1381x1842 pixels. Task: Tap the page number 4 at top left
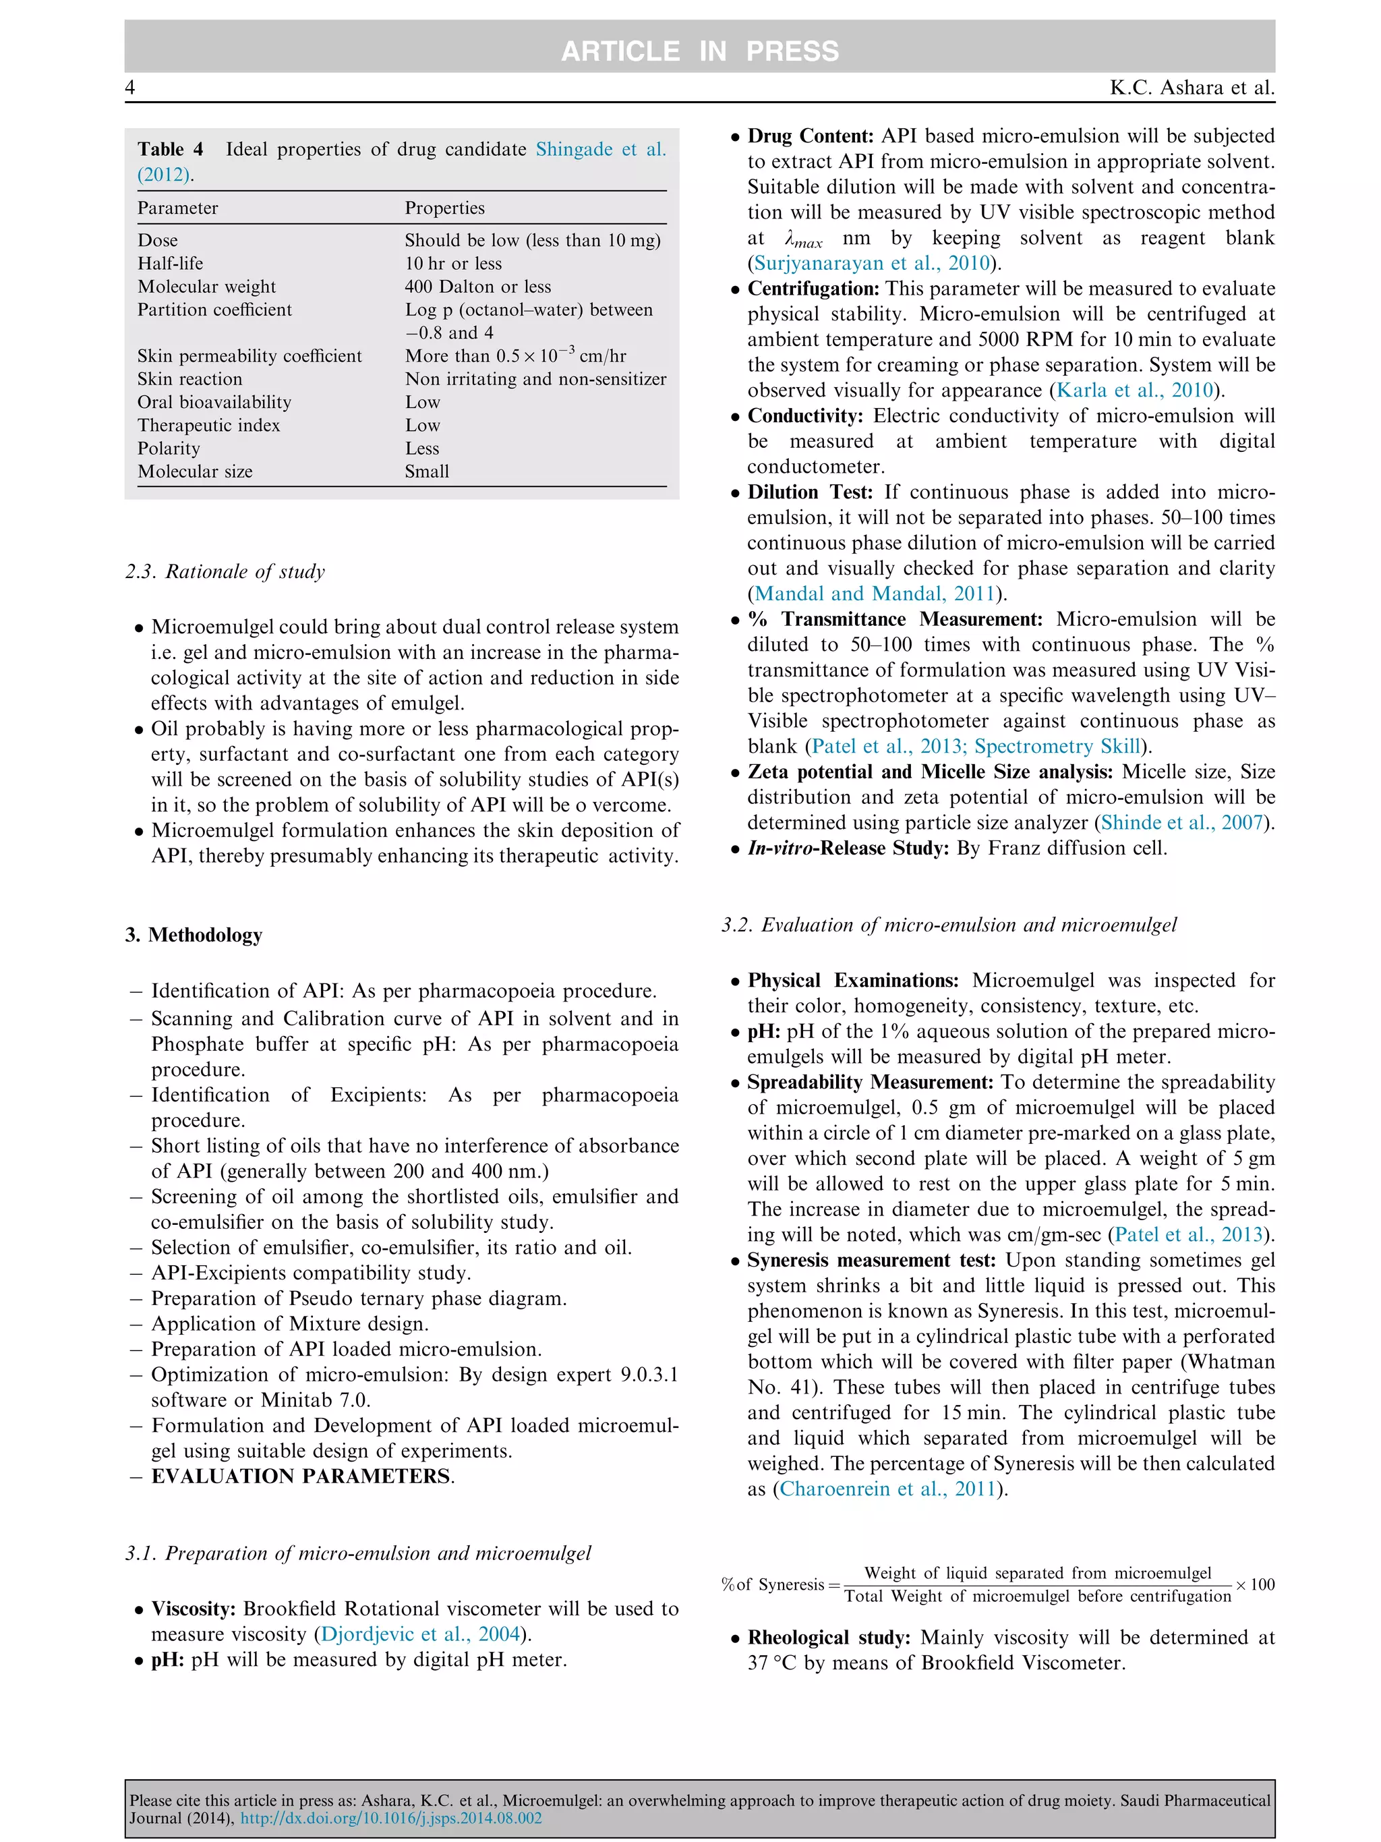pos(130,88)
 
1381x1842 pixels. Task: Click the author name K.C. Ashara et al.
pos(1192,88)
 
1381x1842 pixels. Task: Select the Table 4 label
pos(170,149)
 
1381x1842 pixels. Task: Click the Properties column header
pos(444,208)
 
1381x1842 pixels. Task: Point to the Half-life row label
pos(170,263)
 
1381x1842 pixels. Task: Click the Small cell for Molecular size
pos(426,471)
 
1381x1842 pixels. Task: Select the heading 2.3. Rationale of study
pos(225,571)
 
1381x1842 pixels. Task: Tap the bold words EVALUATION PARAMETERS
pos(301,1476)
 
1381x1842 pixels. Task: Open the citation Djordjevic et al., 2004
pos(420,1633)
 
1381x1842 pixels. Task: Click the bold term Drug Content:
pos(810,136)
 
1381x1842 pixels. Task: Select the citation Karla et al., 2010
pos(1135,390)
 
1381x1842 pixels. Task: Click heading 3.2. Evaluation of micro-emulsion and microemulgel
pos(949,924)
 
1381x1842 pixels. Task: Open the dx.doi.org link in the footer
pos(390,1818)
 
